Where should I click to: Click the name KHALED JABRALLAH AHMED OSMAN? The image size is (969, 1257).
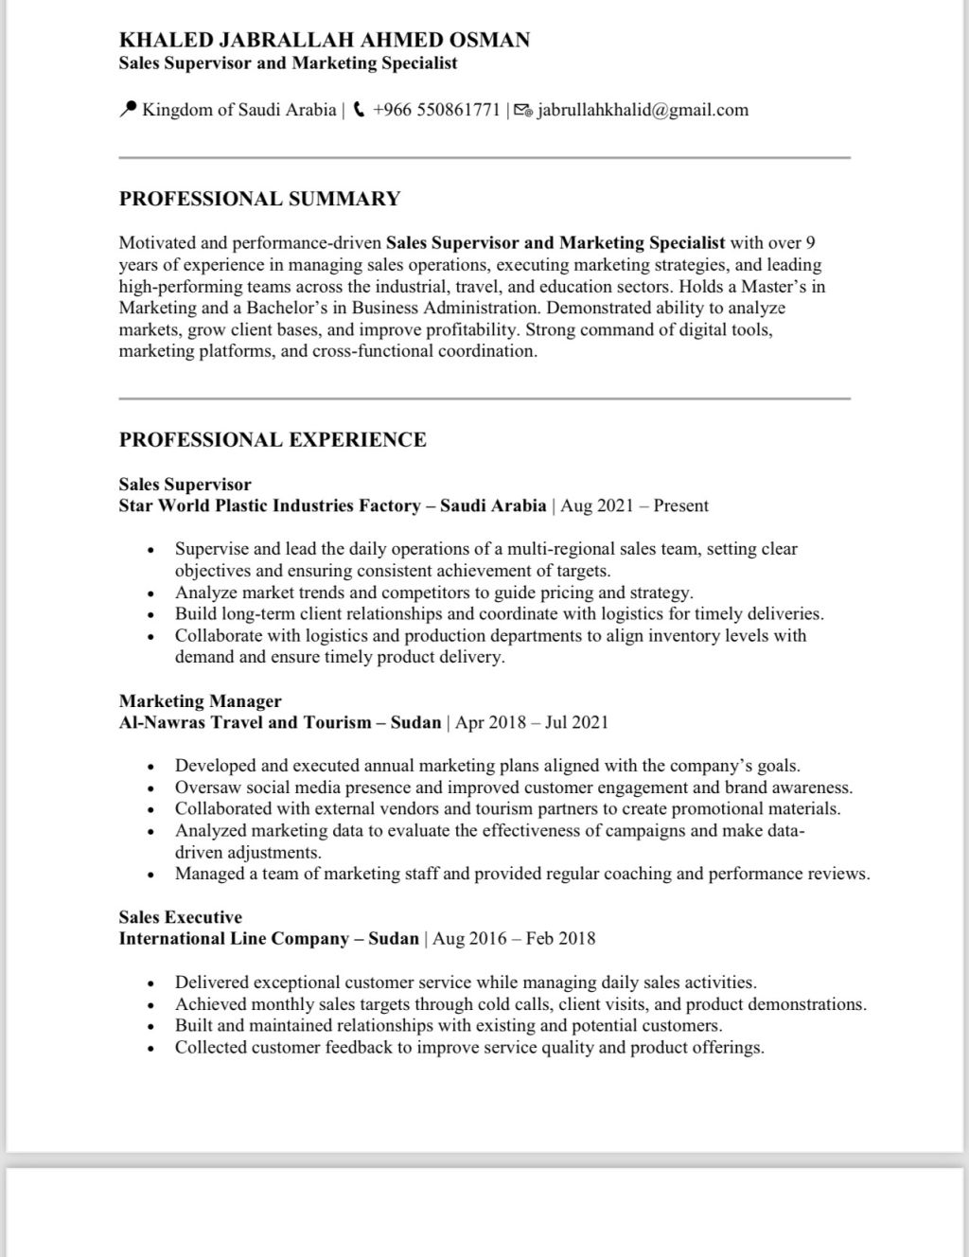(x=324, y=40)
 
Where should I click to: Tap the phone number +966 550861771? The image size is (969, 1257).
(x=436, y=110)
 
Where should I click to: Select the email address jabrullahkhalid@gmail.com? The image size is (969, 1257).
(x=643, y=110)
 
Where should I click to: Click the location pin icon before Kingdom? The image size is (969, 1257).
(x=128, y=110)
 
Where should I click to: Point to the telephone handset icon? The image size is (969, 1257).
(x=359, y=110)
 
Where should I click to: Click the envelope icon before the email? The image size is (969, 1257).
(x=523, y=111)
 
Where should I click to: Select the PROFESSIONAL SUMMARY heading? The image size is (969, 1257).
(x=259, y=199)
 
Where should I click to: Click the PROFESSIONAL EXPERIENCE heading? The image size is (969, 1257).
(x=273, y=439)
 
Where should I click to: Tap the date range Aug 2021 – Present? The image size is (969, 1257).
(x=634, y=505)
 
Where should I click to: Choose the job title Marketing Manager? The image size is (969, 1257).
(x=200, y=701)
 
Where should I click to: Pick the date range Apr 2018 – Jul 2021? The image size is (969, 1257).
(x=532, y=722)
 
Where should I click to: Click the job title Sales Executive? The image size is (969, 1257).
(x=180, y=917)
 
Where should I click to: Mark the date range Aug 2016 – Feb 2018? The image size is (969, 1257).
(x=514, y=938)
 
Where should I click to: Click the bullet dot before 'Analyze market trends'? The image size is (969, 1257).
(x=150, y=593)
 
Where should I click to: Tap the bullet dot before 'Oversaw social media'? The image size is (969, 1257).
(x=150, y=788)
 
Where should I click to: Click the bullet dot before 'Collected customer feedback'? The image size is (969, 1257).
(x=150, y=1048)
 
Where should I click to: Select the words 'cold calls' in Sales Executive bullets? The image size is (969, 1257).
(x=510, y=1004)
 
